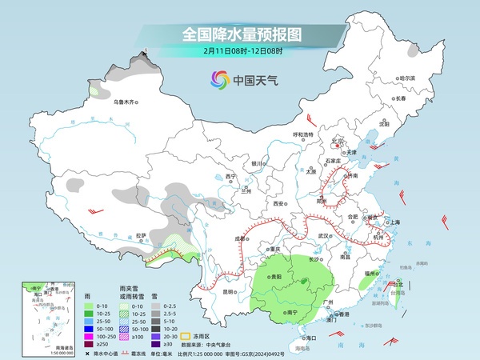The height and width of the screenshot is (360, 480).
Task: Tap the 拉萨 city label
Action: pos(141,235)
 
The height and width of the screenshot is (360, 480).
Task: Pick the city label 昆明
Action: pos(229,292)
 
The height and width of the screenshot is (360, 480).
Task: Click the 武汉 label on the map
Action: pos(324,236)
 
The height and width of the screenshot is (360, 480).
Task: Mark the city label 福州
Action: pos(369,274)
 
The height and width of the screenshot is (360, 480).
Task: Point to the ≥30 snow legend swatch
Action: pos(158,344)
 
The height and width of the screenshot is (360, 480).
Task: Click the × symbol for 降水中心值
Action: pos(86,353)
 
